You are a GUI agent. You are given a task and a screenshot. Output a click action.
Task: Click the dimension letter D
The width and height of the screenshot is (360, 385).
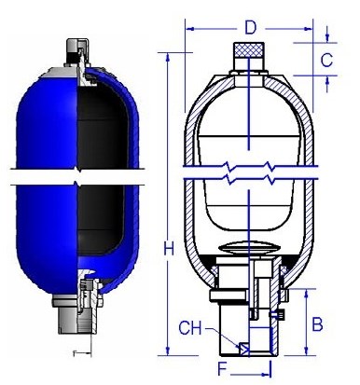click(x=251, y=27)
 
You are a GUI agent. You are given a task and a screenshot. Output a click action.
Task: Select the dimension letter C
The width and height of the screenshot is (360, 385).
click(x=326, y=60)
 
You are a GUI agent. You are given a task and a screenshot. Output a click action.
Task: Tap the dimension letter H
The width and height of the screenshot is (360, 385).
click(x=169, y=249)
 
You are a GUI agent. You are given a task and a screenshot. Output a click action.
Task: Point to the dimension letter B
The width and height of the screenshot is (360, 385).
click(x=317, y=324)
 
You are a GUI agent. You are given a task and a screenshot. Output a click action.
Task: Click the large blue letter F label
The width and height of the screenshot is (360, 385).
click(x=222, y=369)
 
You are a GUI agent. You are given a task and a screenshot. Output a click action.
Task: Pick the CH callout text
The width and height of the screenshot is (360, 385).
click(x=190, y=328)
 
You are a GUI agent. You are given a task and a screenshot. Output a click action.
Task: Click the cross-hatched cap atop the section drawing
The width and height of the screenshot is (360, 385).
click(x=249, y=49)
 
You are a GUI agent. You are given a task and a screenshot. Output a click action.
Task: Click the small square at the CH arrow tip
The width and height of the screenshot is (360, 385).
click(x=243, y=349)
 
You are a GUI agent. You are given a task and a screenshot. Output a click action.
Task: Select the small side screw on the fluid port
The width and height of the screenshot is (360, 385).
click(x=278, y=315)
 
